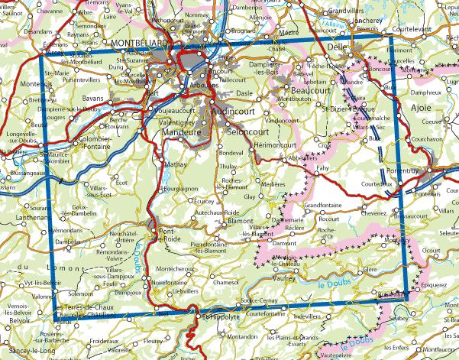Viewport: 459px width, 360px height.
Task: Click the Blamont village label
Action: tap(240, 220)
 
